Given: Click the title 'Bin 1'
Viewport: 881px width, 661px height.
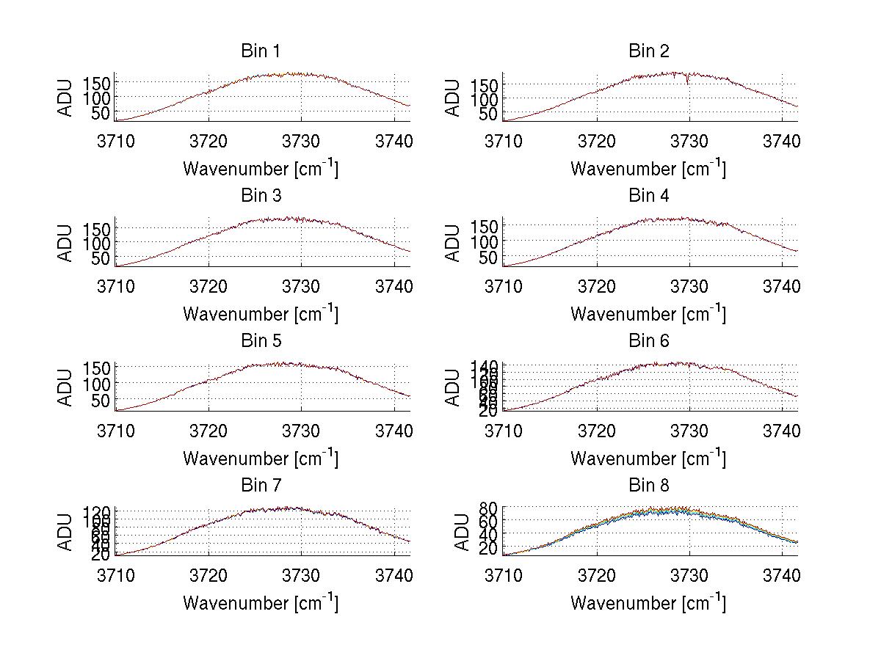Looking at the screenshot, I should [x=260, y=51].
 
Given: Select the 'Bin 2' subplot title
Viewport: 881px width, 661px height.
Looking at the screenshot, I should [x=648, y=51].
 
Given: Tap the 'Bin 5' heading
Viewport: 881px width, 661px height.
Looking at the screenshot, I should [x=260, y=341].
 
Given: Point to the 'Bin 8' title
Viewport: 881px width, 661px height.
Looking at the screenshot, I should [x=648, y=486].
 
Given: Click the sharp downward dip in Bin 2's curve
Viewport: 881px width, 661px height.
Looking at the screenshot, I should [x=687, y=81].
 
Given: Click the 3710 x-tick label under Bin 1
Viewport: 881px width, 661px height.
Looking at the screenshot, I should [x=116, y=141].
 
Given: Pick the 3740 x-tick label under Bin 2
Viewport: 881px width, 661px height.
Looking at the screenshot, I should [x=781, y=141].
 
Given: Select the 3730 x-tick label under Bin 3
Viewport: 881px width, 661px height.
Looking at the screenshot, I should [x=301, y=285].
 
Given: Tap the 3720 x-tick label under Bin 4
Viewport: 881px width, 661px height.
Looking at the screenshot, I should [x=596, y=285].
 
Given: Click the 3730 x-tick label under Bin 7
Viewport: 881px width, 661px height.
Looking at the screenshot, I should [x=301, y=574].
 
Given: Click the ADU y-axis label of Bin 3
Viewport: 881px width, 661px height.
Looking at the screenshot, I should [x=66, y=243].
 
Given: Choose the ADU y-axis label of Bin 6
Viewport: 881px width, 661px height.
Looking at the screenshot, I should [x=454, y=387].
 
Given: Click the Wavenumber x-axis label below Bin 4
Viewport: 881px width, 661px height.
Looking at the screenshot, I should [x=648, y=313].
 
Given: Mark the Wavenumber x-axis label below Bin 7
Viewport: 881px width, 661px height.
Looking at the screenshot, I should [x=260, y=602].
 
